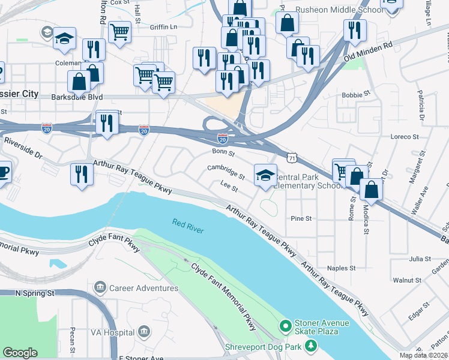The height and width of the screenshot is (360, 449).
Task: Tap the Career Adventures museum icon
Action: tap(100, 288)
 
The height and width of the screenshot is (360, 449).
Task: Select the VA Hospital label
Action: tap(112, 332)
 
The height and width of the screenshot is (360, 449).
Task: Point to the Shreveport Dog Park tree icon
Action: tap(310, 346)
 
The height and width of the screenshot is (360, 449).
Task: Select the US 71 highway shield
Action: tap(291, 157)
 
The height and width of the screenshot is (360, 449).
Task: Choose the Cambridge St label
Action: tap(226, 172)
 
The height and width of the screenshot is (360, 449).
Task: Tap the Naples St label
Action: tap(341, 268)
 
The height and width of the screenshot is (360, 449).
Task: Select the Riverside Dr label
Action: tap(23, 148)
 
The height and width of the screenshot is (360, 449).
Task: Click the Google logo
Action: tap(20, 353)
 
